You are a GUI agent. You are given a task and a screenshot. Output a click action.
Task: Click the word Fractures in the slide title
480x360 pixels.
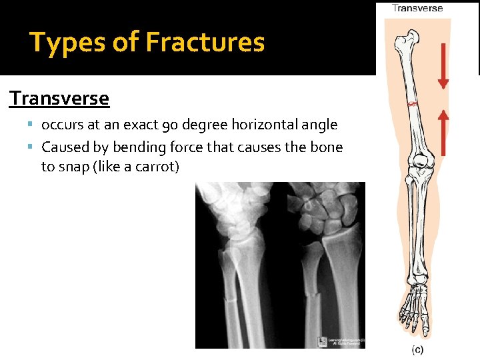pos(205,43)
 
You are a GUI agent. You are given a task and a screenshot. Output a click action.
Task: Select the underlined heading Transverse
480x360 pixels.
pos(59,99)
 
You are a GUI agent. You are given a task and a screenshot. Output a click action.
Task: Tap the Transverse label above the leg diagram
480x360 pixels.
pos(417,8)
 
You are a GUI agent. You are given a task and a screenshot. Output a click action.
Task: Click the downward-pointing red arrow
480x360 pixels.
pos(443,65)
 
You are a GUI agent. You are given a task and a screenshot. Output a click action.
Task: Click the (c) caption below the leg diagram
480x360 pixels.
pos(417,350)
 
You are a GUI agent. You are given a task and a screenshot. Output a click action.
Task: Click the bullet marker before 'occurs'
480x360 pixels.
pos(32,125)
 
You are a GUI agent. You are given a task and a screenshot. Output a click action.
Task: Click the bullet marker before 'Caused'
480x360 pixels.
pos(32,147)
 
